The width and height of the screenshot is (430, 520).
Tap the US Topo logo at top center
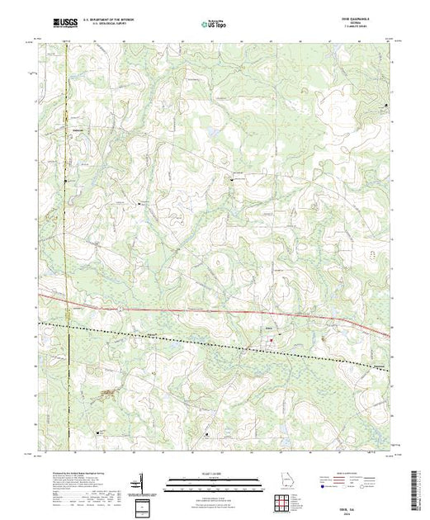click(x=215, y=25)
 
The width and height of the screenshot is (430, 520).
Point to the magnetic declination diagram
click(x=142, y=480)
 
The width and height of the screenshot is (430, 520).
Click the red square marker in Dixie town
click(x=269, y=333)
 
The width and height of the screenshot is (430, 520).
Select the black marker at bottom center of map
click(x=206, y=433)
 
